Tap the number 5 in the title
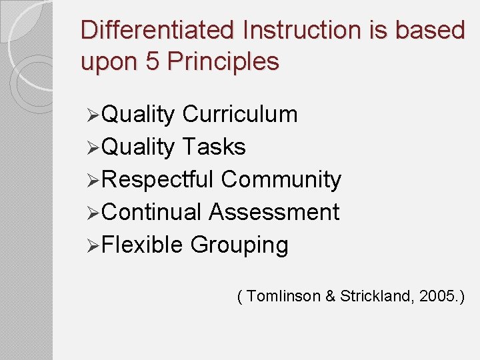pyautogui.click(x=151, y=62)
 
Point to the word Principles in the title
pyautogui.click(x=223, y=62)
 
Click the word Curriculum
pyautogui.click(x=239, y=115)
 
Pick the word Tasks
pyautogui.click(x=213, y=147)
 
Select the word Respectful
pyautogui.click(x=159, y=179)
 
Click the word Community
pyautogui.click(x=281, y=179)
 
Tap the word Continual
pyautogui.click(x=153, y=212)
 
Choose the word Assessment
pyautogui.click(x=274, y=212)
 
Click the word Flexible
pyautogui.click(x=143, y=245)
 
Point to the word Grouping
pyautogui.click(x=239, y=245)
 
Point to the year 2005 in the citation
pyautogui.click(x=438, y=297)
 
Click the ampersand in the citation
pyautogui.click(x=331, y=297)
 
